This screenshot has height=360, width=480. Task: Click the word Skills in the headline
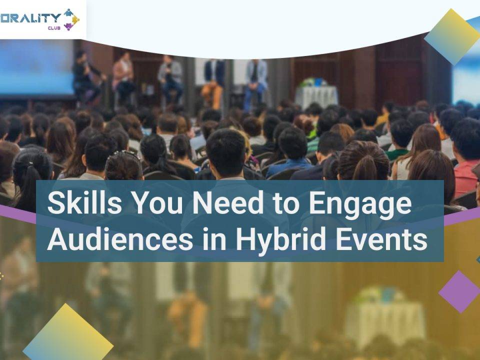tap(84, 202)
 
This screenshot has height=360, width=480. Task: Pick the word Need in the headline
tap(227, 202)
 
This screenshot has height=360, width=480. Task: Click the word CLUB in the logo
tap(54, 28)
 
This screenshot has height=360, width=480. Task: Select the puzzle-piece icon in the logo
tap(71, 19)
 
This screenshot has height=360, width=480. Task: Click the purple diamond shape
tap(459, 291)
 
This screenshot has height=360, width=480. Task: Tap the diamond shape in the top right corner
tap(451, 36)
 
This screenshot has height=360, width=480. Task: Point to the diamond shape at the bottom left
tap(67, 332)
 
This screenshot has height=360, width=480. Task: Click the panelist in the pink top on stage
tap(123, 76)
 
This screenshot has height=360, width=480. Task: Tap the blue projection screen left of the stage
tap(36, 68)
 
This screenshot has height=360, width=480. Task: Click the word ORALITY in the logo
tap(29, 18)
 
